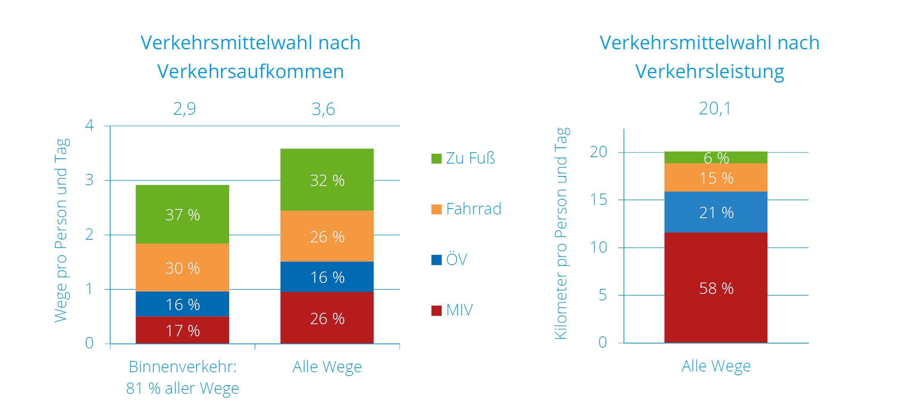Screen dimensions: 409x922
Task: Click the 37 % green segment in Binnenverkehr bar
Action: (x=182, y=214)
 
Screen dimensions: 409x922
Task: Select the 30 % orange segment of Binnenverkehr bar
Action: (x=182, y=268)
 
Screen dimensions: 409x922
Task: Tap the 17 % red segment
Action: (x=182, y=330)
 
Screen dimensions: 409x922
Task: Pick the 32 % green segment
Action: (x=327, y=180)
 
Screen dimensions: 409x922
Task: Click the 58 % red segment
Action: (x=716, y=288)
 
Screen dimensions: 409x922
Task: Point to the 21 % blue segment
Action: (x=716, y=212)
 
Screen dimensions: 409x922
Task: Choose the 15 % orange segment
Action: (x=716, y=178)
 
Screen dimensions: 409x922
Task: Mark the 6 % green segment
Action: (x=716, y=158)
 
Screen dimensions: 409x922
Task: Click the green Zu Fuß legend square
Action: (x=436, y=158)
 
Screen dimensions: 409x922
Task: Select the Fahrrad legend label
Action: (x=474, y=209)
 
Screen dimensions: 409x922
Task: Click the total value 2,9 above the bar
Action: (x=184, y=109)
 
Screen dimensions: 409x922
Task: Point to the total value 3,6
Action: (x=323, y=109)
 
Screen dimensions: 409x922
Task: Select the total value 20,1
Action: (x=715, y=109)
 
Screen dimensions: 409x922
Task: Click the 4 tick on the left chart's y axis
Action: (x=89, y=125)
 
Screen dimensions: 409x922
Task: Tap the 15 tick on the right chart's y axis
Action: (x=599, y=200)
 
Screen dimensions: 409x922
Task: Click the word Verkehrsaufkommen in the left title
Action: (x=250, y=71)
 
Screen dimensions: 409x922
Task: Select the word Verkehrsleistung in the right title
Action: (x=709, y=71)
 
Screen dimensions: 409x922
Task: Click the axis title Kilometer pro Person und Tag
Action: (x=561, y=233)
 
